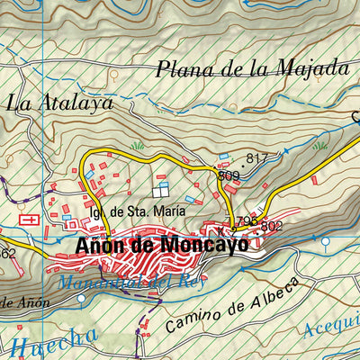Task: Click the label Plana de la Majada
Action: [251, 68]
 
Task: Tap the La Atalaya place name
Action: [60, 103]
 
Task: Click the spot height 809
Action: [228, 175]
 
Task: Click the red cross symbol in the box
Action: [29, 219]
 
